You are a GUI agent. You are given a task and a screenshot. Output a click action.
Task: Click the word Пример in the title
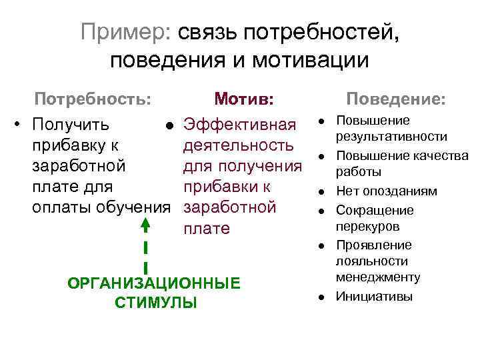pos(123,31)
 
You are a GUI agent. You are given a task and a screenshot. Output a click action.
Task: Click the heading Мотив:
pos(243,99)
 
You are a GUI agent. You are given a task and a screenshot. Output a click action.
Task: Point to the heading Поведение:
pos(395,99)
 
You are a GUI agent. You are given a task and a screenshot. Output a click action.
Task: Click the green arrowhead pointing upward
pos(145,226)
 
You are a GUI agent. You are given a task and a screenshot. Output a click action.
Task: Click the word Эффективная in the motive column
pos(239,125)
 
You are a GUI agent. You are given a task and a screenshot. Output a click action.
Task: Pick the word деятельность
pos(238,145)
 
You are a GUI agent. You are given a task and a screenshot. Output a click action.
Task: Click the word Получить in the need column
pos(71,125)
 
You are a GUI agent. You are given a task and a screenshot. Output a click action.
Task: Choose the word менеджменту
pos(387,277)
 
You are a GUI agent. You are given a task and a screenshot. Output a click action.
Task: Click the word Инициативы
pos(374,296)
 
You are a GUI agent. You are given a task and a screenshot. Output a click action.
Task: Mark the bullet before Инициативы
pos(321,296)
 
